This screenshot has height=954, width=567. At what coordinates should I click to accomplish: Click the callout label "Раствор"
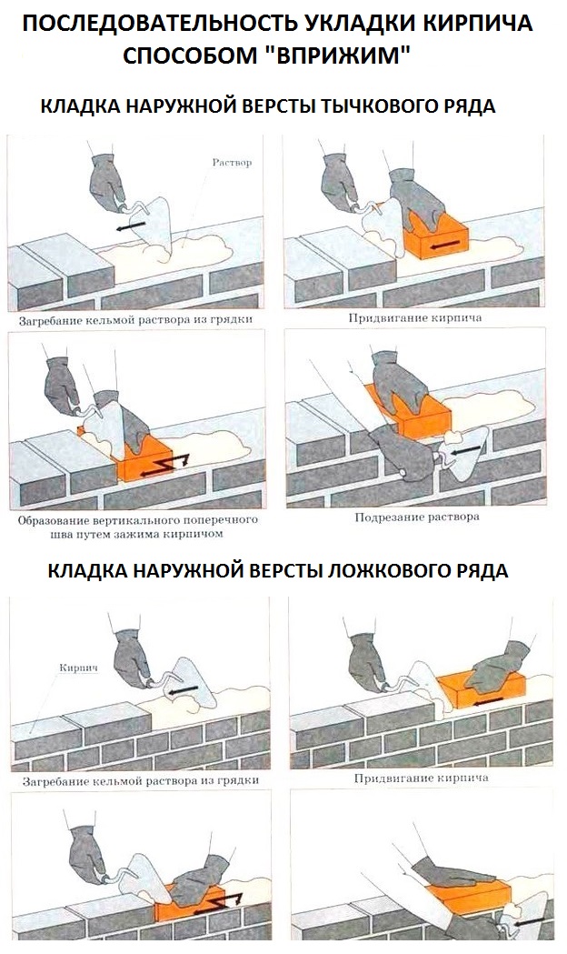pos(231,162)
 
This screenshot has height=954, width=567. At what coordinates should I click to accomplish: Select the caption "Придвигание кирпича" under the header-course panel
pos(414,318)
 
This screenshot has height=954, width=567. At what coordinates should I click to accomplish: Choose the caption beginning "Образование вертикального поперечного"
pos(137,521)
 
